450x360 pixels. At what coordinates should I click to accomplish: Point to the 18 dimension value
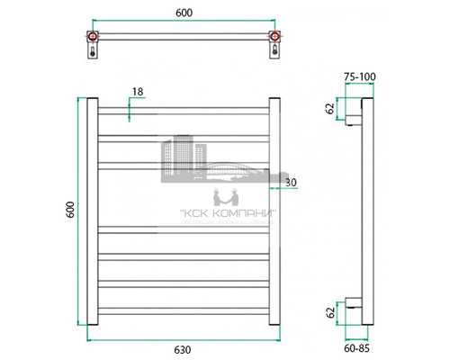(x=137, y=93)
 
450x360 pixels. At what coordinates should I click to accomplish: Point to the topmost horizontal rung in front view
(x=183, y=112)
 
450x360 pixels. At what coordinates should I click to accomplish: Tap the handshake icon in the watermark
(x=220, y=197)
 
